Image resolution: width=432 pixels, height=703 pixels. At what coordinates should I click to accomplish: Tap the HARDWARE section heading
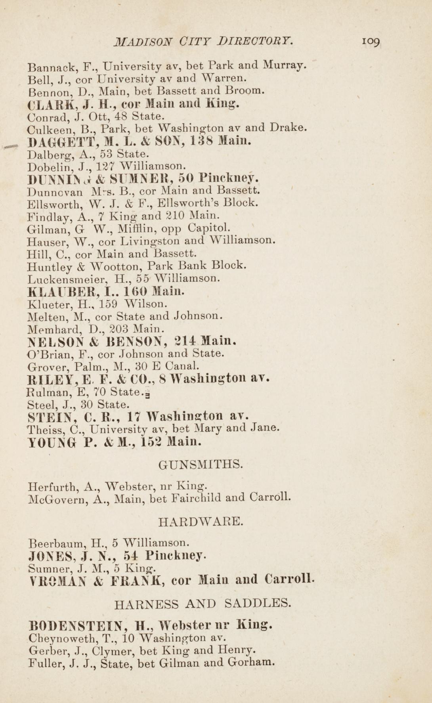tap(201, 522)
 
